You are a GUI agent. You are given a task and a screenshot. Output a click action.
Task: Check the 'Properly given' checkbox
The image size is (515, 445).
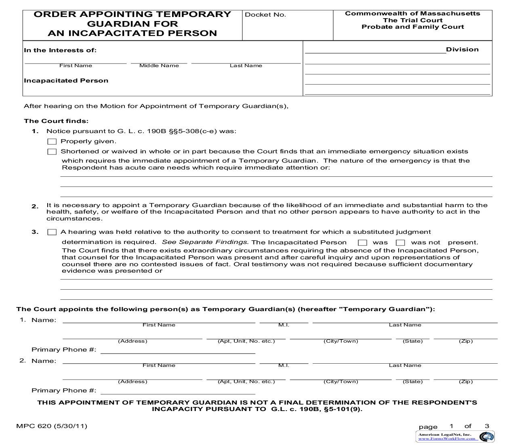click(52, 142)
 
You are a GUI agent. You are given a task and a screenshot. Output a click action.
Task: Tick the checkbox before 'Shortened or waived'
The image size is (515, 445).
click(52, 152)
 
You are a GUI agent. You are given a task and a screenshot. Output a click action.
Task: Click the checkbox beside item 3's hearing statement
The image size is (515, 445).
click(52, 232)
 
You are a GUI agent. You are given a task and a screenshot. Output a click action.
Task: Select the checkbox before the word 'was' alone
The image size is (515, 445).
click(362, 243)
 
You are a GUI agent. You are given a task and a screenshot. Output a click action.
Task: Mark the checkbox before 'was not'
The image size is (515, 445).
click(400, 243)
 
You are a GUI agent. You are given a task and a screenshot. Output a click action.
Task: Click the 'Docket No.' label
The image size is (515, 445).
click(265, 15)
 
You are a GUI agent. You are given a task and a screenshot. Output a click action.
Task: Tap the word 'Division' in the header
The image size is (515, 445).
click(462, 49)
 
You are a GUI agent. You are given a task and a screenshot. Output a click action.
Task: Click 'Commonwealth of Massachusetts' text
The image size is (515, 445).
click(412, 13)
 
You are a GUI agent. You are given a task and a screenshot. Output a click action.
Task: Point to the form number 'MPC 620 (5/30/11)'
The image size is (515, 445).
click(52, 426)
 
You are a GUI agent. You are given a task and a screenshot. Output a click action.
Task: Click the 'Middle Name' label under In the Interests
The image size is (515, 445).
click(159, 66)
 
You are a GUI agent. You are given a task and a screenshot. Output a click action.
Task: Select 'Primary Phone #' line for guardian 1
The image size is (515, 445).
click(178, 350)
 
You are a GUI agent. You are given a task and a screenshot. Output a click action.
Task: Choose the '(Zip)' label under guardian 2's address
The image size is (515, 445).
click(466, 381)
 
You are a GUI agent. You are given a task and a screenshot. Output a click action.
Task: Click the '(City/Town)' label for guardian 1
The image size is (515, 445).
click(341, 341)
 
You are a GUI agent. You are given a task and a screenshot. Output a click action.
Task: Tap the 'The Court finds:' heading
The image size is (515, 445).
click(56, 121)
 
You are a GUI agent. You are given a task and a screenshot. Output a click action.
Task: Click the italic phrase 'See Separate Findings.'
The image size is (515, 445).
click(205, 242)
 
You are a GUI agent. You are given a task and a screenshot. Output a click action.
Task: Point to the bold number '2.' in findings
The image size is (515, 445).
click(35, 206)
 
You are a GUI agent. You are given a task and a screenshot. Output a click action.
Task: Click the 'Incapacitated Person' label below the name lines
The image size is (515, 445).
click(66, 81)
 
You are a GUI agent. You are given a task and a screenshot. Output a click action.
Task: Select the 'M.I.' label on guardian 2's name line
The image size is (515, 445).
click(284, 365)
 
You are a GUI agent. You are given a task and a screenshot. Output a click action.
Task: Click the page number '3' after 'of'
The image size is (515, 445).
click(487, 426)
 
